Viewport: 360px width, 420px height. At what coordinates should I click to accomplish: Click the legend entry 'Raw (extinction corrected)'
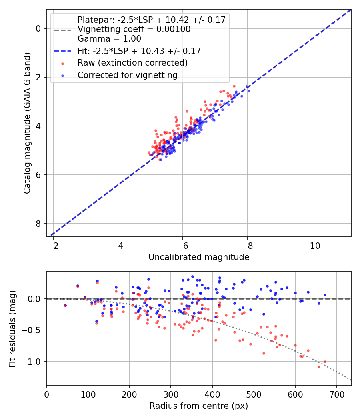(x=132, y=63)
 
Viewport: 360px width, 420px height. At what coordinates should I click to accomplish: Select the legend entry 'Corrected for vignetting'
(x=127, y=75)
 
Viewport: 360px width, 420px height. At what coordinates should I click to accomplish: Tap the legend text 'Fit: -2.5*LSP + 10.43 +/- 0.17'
(x=139, y=51)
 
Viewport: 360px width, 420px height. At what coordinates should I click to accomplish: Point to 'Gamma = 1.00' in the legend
(x=109, y=39)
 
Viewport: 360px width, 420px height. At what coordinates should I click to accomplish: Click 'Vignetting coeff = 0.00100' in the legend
(x=134, y=29)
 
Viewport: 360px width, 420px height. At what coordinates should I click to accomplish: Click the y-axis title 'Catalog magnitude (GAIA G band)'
(x=27, y=123)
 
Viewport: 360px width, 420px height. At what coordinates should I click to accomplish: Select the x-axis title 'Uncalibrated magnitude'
(x=199, y=257)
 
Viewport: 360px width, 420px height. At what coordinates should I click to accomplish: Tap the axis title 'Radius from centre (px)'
(x=199, y=406)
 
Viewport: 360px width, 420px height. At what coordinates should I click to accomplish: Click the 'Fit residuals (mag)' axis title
(x=12, y=328)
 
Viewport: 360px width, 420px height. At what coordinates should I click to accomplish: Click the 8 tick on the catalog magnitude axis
(x=38, y=224)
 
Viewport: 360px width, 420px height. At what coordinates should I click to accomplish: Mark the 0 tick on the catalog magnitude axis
(x=38, y=28)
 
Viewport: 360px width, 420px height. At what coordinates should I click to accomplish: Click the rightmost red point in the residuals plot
(x=325, y=362)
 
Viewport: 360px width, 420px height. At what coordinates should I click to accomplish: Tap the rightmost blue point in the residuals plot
(x=325, y=295)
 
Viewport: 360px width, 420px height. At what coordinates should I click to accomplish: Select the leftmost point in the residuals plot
(x=65, y=305)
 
